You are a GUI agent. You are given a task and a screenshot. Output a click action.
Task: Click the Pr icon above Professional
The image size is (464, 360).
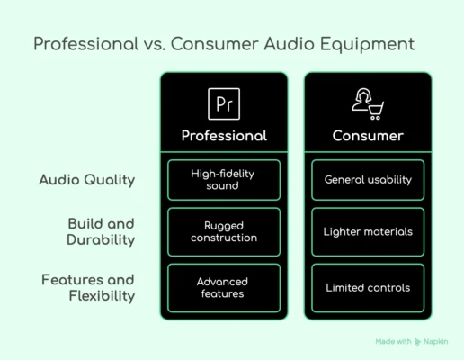pyautogui.click(x=224, y=103)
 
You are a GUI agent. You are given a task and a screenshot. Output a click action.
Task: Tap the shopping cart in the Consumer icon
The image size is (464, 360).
pyautogui.click(x=376, y=111)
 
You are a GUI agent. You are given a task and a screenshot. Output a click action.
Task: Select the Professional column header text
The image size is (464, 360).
pyautogui.click(x=224, y=136)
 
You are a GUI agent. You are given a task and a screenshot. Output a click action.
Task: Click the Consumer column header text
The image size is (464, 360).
pyautogui.click(x=368, y=136)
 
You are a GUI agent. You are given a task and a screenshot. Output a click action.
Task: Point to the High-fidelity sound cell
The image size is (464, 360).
pyautogui.click(x=224, y=180)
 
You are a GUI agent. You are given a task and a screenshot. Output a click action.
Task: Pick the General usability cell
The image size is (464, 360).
pyautogui.click(x=368, y=180)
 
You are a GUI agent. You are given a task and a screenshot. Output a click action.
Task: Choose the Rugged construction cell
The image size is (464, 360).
pyautogui.click(x=224, y=232)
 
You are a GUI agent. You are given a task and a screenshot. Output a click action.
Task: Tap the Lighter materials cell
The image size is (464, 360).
pyautogui.click(x=368, y=232)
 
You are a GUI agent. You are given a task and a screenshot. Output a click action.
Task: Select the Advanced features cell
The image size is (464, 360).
pyautogui.click(x=224, y=288)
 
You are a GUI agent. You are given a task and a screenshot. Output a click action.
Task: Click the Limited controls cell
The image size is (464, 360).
pyautogui.click(x=368, y=288)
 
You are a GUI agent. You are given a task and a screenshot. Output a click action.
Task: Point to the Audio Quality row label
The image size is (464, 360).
pyautogui.click(x=87, y=180)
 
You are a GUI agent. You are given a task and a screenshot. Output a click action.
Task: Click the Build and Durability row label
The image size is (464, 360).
pyautogui.click(x=101, y=232)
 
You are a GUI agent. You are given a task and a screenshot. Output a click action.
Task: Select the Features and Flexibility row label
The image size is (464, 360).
pyautogui.click(x=88, y=288)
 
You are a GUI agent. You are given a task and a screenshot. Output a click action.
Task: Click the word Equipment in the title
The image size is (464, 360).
pyautogui.click(x=367, y=44)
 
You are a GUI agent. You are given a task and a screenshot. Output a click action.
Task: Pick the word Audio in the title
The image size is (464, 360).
pyautogui.click(x=290, y=44)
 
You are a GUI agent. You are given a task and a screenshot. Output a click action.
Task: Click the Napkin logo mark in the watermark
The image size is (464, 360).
pyautogui.click(x=417, y=342)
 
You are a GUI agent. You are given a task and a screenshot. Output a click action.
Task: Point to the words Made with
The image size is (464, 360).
pyautogui.click(x=393, y=342)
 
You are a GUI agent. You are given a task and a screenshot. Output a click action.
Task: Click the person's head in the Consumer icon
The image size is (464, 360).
pyautogui.click(x=363, y=95)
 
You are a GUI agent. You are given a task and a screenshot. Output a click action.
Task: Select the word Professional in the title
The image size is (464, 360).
pyautogui.click(x=86, y=44)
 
